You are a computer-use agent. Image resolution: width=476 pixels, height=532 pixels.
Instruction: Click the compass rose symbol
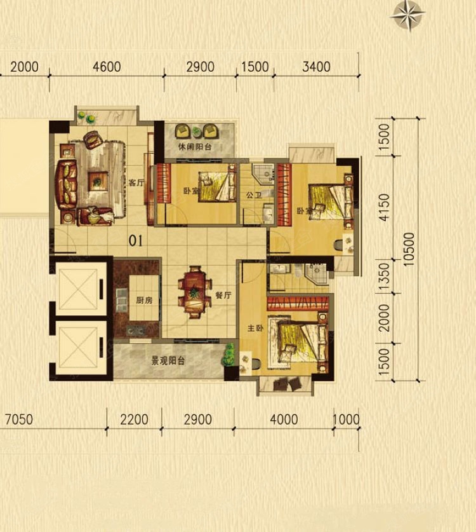[x=407, y=15]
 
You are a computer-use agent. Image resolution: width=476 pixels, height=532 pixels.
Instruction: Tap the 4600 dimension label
[x=107, y=67]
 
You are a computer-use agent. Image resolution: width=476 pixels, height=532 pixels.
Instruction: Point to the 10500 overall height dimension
[x=409, y=249]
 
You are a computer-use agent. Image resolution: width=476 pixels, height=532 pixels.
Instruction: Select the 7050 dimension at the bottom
[x=19, y=419]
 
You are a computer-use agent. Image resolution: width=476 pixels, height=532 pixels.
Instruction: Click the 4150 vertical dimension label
[x=384, y=208]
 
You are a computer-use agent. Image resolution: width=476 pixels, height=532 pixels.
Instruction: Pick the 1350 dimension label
[x=384, y=276]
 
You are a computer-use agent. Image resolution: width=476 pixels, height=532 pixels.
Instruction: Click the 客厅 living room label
[x=136, y=183]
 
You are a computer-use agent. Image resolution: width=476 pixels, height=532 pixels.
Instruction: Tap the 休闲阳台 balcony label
[x=195, y=147]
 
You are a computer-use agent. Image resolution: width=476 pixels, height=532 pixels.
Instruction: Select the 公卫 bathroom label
[x=254, y=195]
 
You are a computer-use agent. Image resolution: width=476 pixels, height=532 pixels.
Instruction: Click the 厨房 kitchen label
[x=144, y=300]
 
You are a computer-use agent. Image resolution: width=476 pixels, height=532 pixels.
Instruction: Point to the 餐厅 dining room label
[x=223, y=295]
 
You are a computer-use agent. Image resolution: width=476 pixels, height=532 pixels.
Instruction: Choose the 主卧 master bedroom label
[x=255, y=328]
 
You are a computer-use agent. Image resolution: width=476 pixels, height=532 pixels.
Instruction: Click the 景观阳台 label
[x=168, y=360]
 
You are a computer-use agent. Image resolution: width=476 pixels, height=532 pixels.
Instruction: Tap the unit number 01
[x=136, y=241]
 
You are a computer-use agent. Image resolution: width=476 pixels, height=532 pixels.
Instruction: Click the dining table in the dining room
[x=194, y=292]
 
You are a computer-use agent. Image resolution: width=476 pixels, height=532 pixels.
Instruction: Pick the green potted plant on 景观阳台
[x=230, y=355]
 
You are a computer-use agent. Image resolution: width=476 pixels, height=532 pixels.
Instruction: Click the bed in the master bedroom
[x=302, y=343]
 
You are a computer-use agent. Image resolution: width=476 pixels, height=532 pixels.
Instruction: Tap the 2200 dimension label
[x=134, y=419]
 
